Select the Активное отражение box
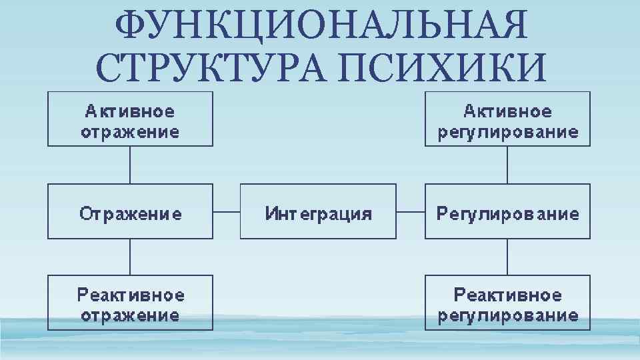(130, 119)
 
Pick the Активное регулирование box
(507, 119)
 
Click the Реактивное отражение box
(130, 303)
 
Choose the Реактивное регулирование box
(507, 303)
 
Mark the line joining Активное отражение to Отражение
(130, 165)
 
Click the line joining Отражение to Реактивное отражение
(130, 257)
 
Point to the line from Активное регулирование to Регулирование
(507, 165)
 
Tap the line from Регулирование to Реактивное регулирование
(507, 257)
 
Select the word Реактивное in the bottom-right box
(507, 294)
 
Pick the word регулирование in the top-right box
(507, 132)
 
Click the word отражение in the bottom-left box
(130, 315)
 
